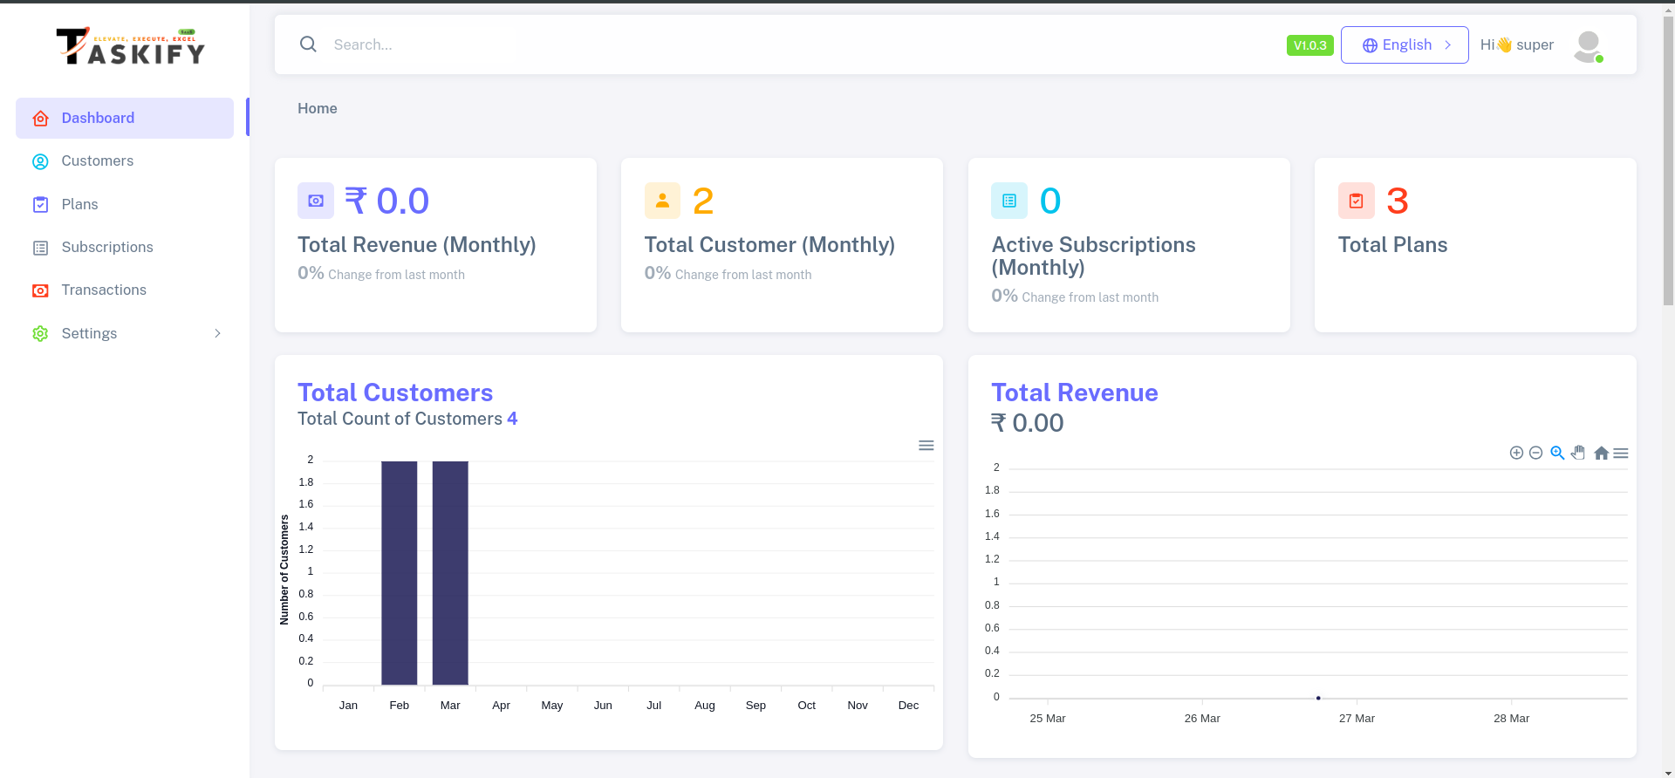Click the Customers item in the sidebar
[x=97, y=161]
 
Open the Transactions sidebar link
[x=103, y=290]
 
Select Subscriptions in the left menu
[x=106, y=248]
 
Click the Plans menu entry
[x=79, y=204]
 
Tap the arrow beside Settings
[x=217, y=333]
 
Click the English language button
[x=1405, y=44]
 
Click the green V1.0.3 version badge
[x=1309, y=45]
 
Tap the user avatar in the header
[x=1588, y=45]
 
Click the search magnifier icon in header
[x=308, y=44]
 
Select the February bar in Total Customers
[x=400, y=572]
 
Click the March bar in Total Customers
[x=450, y=572]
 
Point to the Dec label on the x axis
[x=908, y=706]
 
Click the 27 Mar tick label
[x=1357, y=719]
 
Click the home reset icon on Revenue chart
[x=1601, y=453]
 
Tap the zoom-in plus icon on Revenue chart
[x=1516, y=453]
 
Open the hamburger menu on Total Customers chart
[x=926, y=446]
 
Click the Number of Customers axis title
[x=284, y=570]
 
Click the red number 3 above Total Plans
[x=1397, y=201]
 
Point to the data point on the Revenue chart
[x=1318, y=698]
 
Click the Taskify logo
[x=131, y=46]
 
